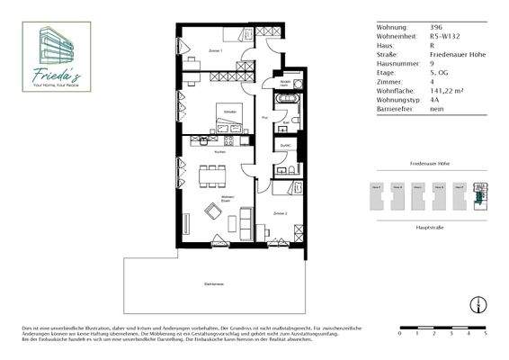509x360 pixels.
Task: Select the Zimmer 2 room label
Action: (280, 214)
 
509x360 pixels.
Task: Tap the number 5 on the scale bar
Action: (487, 333)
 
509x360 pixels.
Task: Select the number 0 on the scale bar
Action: (399, 333)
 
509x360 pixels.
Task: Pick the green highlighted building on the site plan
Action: (480, 192)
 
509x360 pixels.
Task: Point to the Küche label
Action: (219, 153)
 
